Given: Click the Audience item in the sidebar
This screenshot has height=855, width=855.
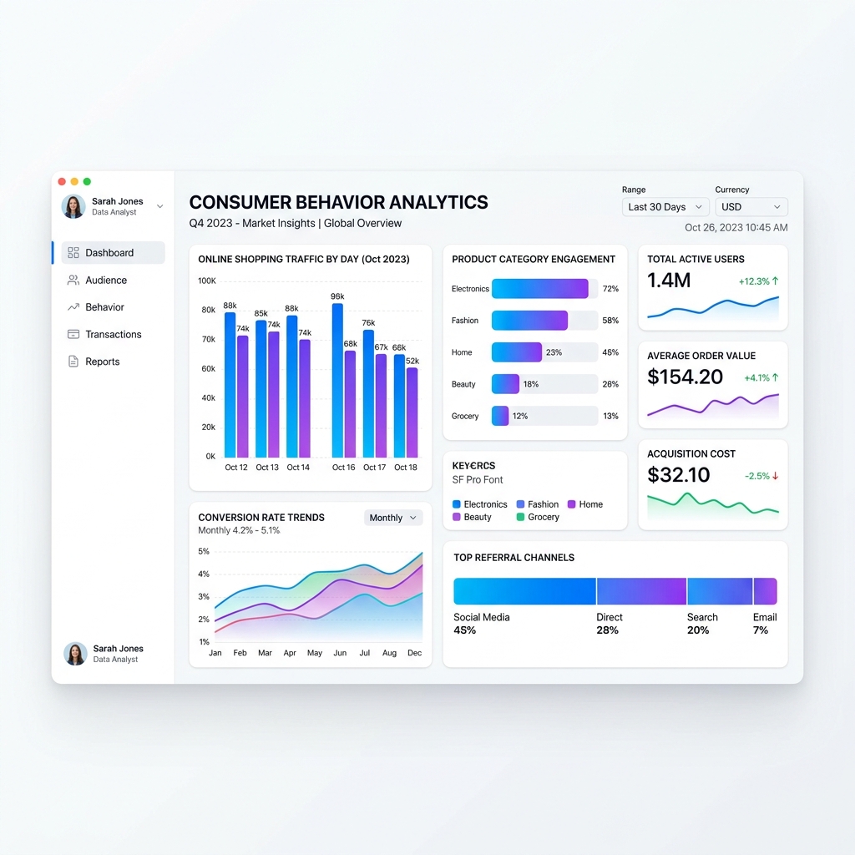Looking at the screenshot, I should point(106,281).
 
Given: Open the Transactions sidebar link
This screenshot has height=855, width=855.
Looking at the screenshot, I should point(113,335).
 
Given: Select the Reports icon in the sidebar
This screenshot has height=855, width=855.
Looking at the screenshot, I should point(73,362).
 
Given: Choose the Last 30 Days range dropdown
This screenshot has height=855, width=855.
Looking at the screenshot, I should point(665,207).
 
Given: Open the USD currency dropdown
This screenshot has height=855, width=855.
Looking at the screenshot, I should point(751,207).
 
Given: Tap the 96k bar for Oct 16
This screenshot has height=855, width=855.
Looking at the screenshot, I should point(337,380).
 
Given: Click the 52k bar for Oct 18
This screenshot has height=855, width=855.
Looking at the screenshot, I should point(412,412).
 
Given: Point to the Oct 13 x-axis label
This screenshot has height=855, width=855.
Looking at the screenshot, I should point(267,468).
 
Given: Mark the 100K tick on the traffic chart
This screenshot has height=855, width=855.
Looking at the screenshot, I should point(206,281).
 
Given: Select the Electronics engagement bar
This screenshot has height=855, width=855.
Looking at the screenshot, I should point(540,289).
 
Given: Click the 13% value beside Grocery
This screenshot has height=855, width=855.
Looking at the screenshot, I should point(610,416).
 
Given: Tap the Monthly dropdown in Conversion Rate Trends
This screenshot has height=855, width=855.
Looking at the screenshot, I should point(393,518).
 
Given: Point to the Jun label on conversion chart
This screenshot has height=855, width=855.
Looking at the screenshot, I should point(340,653).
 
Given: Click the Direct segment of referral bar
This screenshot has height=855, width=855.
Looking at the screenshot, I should point(641,591).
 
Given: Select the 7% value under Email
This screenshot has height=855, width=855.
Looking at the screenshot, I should point(760,630).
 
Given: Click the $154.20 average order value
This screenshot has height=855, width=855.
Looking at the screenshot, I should point(685,377).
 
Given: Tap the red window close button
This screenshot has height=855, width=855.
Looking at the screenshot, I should point(62,181).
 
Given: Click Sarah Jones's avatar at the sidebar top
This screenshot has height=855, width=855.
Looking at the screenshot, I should point(73,206).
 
